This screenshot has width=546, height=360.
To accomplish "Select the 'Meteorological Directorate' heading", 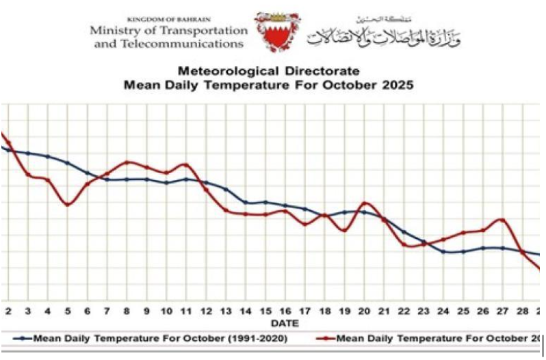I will [x=268, y=71].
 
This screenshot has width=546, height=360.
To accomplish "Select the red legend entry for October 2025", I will [x=431, y=337].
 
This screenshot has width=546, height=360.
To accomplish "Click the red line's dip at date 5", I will [x=67, y=205].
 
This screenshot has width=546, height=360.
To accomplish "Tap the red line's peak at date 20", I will [x=365, y=203].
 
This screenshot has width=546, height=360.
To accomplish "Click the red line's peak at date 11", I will [x=185, y=164].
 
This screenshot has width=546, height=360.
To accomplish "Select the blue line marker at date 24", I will [x=443, y=251].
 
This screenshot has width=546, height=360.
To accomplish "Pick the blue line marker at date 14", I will [x=246, y=202].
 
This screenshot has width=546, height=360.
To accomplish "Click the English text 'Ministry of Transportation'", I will [x=168, y=31].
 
